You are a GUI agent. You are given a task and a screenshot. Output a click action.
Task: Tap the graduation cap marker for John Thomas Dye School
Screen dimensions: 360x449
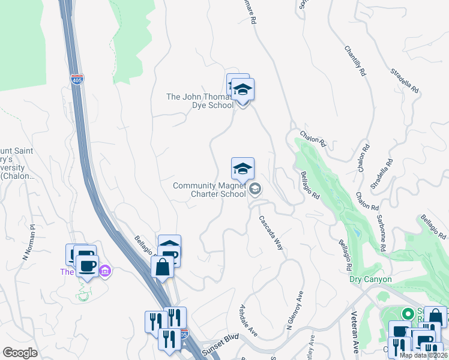pyautogui.click(x=243, y=90)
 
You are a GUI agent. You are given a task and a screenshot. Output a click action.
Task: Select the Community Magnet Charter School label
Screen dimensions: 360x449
pyautogui.click(x=209, y=190)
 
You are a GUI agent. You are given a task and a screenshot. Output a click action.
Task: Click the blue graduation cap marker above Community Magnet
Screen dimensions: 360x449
pyautogui.click(x=243, y=169)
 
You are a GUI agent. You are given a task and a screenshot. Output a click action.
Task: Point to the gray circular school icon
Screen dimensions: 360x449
pyautogui.click(x=255, y=190)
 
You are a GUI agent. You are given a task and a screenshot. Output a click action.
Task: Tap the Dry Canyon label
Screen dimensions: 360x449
pyautogui.click(x=370, y=280)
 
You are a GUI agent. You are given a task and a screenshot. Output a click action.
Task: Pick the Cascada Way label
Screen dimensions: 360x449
pyautogui.click(x=271, y=233)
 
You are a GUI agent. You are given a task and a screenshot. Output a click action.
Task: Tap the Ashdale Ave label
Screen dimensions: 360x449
pyautogui.click(x=249, y=320)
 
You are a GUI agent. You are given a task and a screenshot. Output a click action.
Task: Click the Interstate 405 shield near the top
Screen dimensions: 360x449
pyautogui.click(x=77, y=79)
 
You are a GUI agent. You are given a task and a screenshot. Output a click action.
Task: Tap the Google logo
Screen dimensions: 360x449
pyautogui.click(x=20, y=353)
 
